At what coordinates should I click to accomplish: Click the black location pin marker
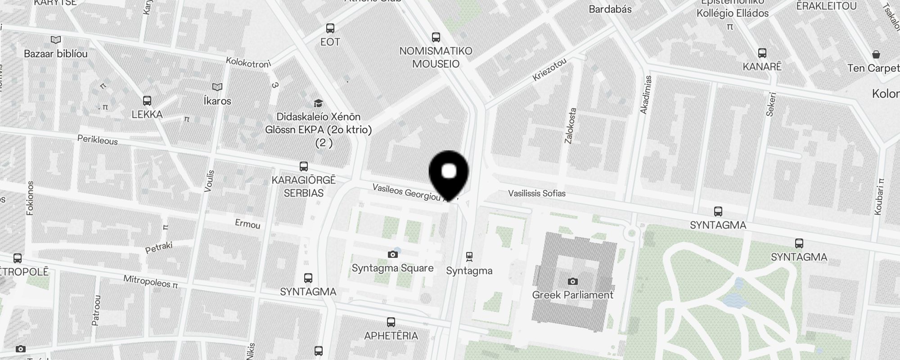pyautogui.click(x=449, y=174)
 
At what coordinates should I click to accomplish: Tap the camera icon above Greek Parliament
pyautogui.click(x=572, y=282)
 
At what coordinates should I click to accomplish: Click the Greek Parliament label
pyautogui.click(x=572, y=295)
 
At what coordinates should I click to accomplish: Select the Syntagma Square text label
pyautogui.click(x=392, y=268)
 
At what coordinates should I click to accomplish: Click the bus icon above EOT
pyautogui.click(x=330, y=28)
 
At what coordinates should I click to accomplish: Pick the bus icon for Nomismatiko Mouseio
pyautogui.click(x=436, y=37)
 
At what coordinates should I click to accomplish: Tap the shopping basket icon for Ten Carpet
pyautogui.click(x=876, y=55)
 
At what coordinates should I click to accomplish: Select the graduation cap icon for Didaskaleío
pyautogui.click(x=319, y=103)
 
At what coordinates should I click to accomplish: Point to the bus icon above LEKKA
pyautogui.click(x=147, y=101)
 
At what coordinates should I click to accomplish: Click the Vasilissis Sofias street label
pyautogui.click(x=537, y=193)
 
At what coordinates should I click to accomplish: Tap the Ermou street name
pyautogui.click(x=247, y=224)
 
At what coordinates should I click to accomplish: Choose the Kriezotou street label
pyautogui.click(x=549, y=70)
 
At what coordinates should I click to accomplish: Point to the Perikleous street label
pyautogui.click(x=98, y=140)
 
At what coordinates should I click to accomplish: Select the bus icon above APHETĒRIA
pyautogui.click(x=391, y=322)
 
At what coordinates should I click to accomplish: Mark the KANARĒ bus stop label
pyautogui.click(x=762, y=67)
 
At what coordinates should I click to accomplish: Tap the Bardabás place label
pyautogui.click(x=610, y=9)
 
